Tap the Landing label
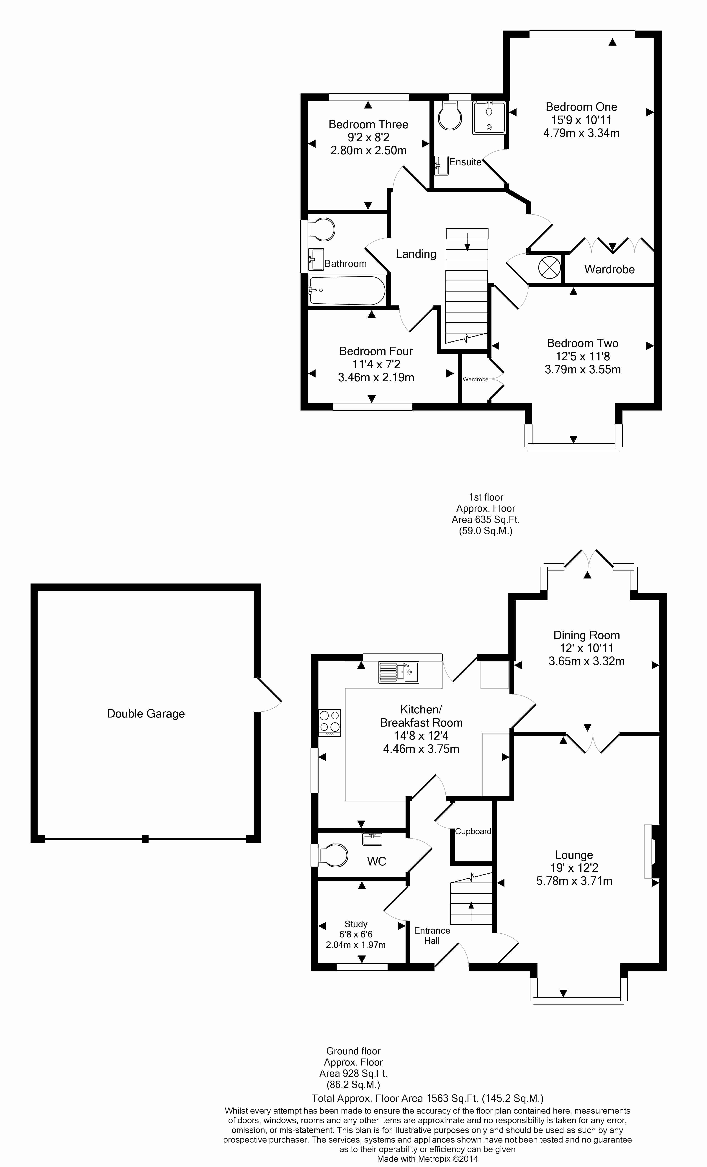click(x=416, y=254)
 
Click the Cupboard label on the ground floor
click(x=473, y=831)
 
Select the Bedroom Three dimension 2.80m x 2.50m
click(x=368, y=150)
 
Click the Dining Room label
click(x=587, y=635)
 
